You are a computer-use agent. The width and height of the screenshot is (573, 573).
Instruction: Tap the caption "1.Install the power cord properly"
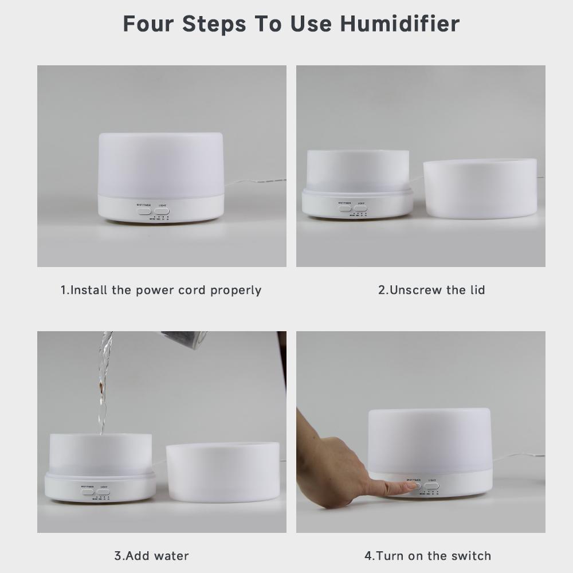[x=161, y=290]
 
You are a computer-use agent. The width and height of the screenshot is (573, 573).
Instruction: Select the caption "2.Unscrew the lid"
[x=431, y=290]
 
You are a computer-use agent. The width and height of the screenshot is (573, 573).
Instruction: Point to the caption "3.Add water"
[x=151, y=556]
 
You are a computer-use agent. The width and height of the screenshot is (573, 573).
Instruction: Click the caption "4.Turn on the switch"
[x=428, y=556]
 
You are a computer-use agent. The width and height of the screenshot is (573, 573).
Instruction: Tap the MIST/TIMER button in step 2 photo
[x=345, y=208]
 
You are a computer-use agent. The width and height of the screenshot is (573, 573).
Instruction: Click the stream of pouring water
[x=103, y=384]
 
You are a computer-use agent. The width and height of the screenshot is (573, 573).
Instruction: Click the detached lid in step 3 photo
[x=223, y=472]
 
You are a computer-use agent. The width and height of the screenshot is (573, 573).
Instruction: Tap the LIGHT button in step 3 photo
[x=104, y=492]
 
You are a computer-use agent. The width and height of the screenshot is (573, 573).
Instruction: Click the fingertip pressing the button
[x=410, y=486]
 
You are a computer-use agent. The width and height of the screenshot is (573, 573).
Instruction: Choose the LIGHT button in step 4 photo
[x=432, y=486]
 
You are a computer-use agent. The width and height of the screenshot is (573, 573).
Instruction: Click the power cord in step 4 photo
[x=516, y=457]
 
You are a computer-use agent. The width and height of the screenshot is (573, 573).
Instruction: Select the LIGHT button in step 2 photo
[x=360, y=208]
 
